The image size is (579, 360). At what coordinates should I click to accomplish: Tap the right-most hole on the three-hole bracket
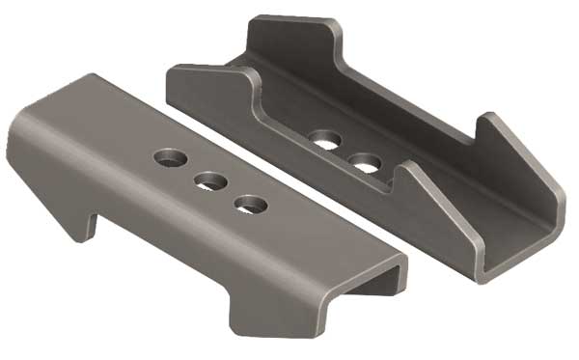(x=251, y=204)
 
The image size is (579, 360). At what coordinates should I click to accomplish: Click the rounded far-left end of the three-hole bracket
(x=21, y=145)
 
